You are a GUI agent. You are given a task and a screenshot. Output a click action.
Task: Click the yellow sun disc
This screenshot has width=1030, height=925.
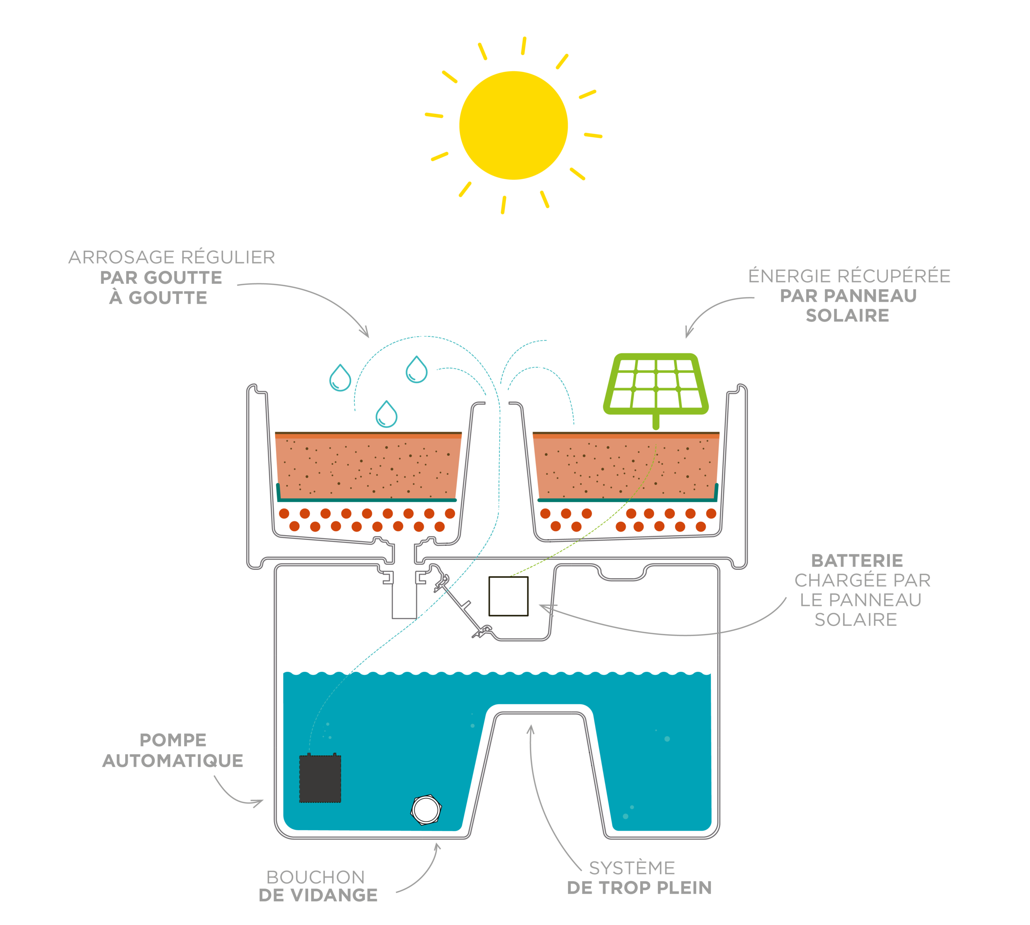513,125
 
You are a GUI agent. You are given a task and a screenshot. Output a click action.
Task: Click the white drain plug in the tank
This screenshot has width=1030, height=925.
426,809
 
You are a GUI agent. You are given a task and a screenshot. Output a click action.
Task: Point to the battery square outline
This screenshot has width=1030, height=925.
508,596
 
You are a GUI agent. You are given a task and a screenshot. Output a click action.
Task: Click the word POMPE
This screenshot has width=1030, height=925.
173,740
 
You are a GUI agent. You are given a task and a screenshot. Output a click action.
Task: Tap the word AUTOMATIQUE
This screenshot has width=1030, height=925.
173,761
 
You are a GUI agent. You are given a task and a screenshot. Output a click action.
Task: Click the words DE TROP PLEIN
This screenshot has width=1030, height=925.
639,888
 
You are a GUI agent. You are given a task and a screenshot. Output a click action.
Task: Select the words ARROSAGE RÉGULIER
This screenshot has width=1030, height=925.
172,257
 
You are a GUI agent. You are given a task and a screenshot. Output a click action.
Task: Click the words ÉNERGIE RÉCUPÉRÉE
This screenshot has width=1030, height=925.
849,276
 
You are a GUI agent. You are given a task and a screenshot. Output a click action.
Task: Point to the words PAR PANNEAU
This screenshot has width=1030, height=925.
848,296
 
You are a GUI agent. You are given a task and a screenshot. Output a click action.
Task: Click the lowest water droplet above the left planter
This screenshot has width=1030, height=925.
386,415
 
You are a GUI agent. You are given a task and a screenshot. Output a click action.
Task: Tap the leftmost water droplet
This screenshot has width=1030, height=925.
340,378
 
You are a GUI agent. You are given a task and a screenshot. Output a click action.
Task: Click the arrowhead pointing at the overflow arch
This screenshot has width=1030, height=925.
531,730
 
